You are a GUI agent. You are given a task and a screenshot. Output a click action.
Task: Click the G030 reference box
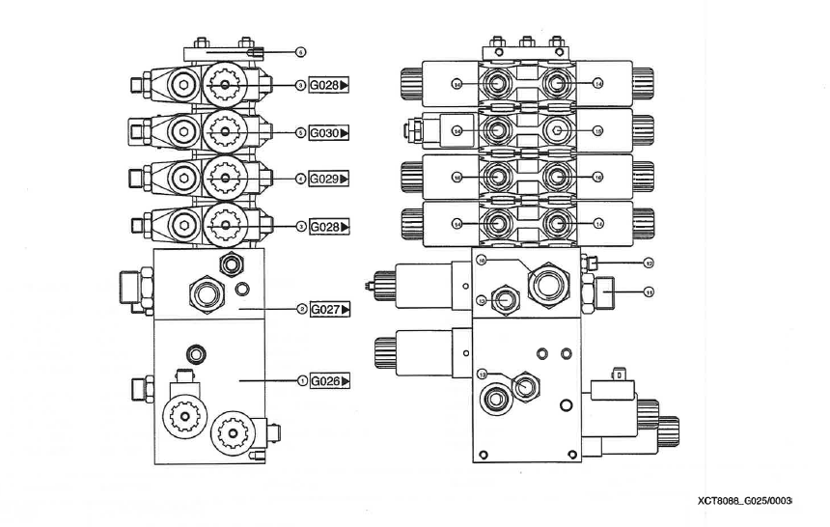(328, 132)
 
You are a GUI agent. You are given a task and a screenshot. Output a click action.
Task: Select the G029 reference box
(328, 179)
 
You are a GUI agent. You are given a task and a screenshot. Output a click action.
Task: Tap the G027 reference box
(328, 309)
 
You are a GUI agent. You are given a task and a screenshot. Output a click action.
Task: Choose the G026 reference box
(328, 381)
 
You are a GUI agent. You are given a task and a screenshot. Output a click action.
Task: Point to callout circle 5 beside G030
(301, 132)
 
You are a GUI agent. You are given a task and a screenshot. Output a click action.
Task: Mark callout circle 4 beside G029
(301, 179)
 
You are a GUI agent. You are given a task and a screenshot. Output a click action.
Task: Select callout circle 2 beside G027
(301, 309)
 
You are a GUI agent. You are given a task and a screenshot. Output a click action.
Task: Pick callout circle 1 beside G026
(301, 381)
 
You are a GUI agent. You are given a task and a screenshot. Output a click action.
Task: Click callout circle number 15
(597, 130)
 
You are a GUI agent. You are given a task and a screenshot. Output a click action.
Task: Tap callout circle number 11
(649, 291)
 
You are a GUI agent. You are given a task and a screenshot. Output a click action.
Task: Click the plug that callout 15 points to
(556, 130)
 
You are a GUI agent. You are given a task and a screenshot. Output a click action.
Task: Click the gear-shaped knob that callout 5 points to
(224, 132)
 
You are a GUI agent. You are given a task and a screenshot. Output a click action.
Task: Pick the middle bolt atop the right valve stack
(526, 43)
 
